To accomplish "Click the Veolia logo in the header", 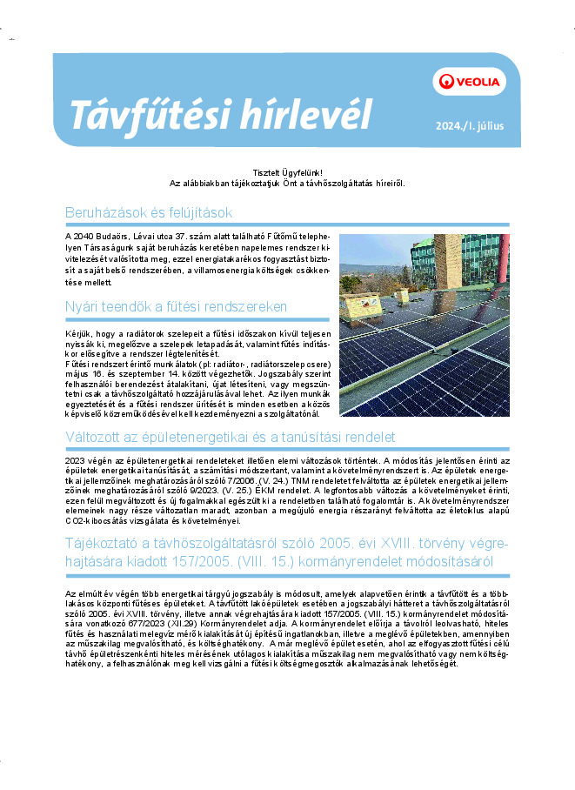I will (469, 82).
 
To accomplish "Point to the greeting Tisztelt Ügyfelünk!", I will (287, 175).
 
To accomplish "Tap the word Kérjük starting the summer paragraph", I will (79, 335).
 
